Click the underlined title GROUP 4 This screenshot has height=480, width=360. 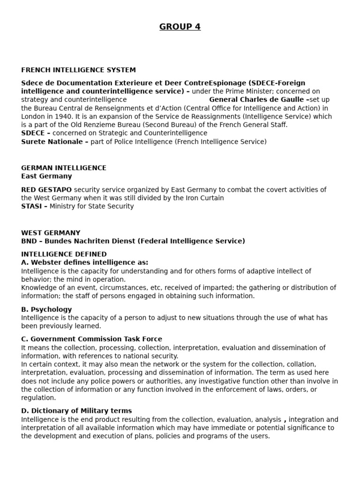pyautogui.click(x=180, y=27)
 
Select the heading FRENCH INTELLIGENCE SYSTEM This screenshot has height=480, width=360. pyautogui.click(x=78, y=70)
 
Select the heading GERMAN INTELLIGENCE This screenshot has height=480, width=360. pyautogui.click(x=64, y=168)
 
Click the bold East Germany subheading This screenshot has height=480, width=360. pyautogui.click(x=46, y=176)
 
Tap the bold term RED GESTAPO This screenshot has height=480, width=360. pyautogui.click(x=46, y=190)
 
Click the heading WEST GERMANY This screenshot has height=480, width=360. pyautogui.click(x=51, y=233)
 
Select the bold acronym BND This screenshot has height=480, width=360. pyautogui.click(x=29, y=241)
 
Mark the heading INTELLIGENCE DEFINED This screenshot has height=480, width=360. pyautogui.click(x=64, y=255)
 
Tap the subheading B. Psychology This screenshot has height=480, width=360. pyautogui.click(x=46, y=309)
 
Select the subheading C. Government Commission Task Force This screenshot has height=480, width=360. pyautogui.click(x=91, y=339)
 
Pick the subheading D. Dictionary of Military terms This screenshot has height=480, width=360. pyautogui.click(x=76, y=411)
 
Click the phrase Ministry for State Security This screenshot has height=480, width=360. pyautogui.click(x=91, y=207)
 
